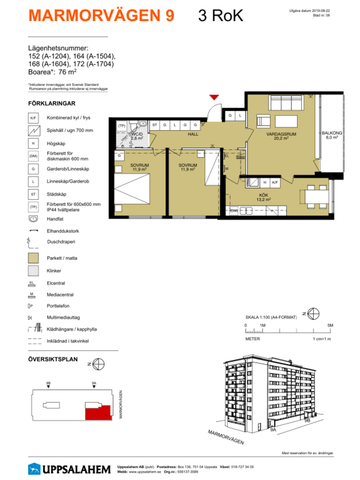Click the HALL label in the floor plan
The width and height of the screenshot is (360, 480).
point(194,131)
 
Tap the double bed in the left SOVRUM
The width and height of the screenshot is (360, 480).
point(126,185)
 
